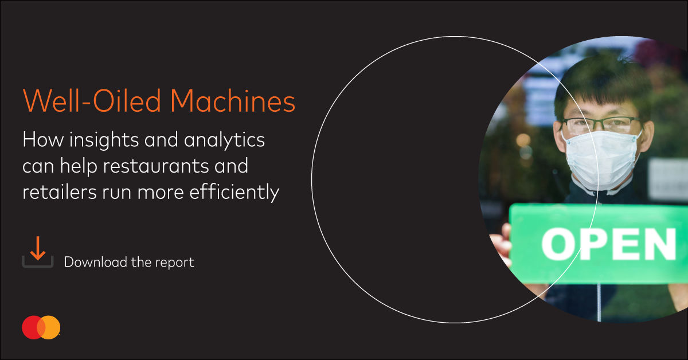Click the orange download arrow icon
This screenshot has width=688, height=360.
[x=38, y=249]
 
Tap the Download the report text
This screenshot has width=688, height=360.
[x=129, y=262]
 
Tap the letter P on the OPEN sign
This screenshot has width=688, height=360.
[x=599, y=244]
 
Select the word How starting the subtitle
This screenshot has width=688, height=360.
[x=42, y=140]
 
